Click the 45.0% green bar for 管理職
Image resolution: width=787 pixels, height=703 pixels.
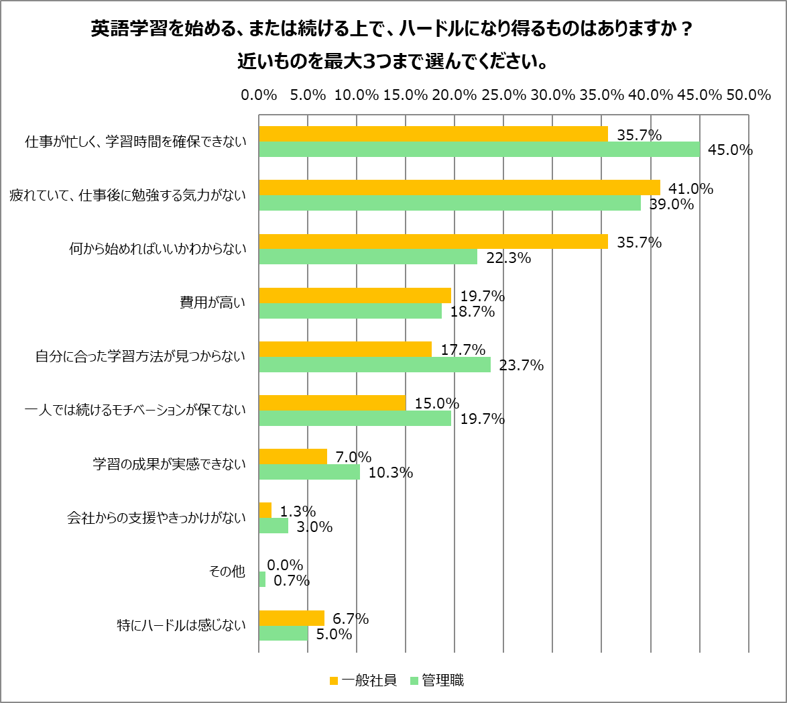coord(479,150)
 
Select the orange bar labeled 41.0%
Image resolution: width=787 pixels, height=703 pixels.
coord(459,187)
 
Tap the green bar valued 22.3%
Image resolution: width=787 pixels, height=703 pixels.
coord(367,257)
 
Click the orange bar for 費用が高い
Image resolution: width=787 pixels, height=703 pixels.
coord(355,295)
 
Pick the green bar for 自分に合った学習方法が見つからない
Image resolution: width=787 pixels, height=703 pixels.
coord(374,365)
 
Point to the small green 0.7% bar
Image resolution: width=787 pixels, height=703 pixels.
coord(262,580)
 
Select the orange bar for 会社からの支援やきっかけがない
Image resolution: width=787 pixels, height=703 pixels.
coord(265,510)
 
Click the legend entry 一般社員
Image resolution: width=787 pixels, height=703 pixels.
coord(363,680)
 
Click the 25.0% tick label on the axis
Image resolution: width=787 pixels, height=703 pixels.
coord(503,95)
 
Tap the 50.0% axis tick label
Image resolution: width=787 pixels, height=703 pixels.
coord(748,95)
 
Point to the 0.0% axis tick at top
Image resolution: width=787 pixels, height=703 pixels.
coord(259,95)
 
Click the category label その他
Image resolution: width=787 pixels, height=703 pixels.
coord(228,572)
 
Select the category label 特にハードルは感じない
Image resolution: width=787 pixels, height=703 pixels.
coord(182,626)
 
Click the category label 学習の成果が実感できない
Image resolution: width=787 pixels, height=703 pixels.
coord(169,464)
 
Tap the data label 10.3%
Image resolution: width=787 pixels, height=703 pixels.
coord(390,473)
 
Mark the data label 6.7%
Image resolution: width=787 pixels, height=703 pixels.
coord(351,618)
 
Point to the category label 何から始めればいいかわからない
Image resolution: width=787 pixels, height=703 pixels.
coord(158,250)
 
